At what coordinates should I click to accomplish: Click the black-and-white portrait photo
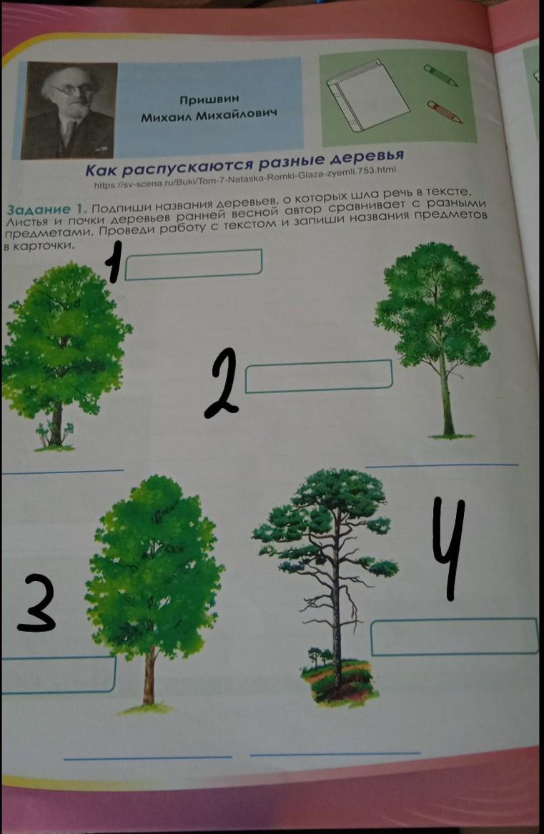(x=69, y=109)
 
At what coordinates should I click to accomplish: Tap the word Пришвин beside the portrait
(x=209, y=99)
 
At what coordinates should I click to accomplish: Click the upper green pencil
(x=440, y=76)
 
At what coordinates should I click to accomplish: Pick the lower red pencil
(x=444, y=111)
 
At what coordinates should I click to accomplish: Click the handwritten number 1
(x=112, y=261)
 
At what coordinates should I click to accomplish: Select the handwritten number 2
(x=221, y=383)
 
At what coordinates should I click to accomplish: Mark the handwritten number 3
(x=36, y=603)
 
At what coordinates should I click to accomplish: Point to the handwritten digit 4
(x=448, y=548)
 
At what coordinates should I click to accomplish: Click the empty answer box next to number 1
(x=193, y=264)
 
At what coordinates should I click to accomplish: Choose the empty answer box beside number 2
(x=318, y=377)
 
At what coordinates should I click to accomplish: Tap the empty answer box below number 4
(x=454, y=637)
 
